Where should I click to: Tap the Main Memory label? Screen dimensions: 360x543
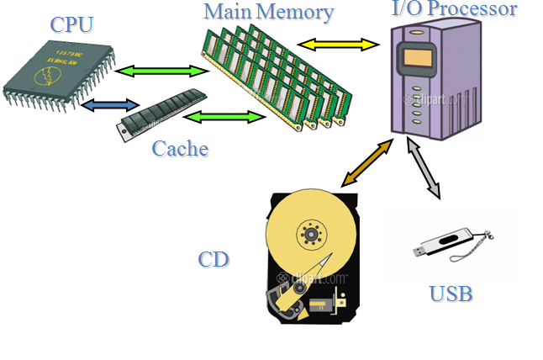[x=268, y=13]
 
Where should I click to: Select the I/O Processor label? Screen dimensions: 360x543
[x=455, y=10]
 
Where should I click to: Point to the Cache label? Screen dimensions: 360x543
[x=180, y=150]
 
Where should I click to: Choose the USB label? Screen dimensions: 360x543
[x=451, y=294]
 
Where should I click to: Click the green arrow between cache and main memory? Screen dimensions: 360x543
[x=223, y=117]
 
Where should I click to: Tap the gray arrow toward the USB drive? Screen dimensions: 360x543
[x=424, y=169]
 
